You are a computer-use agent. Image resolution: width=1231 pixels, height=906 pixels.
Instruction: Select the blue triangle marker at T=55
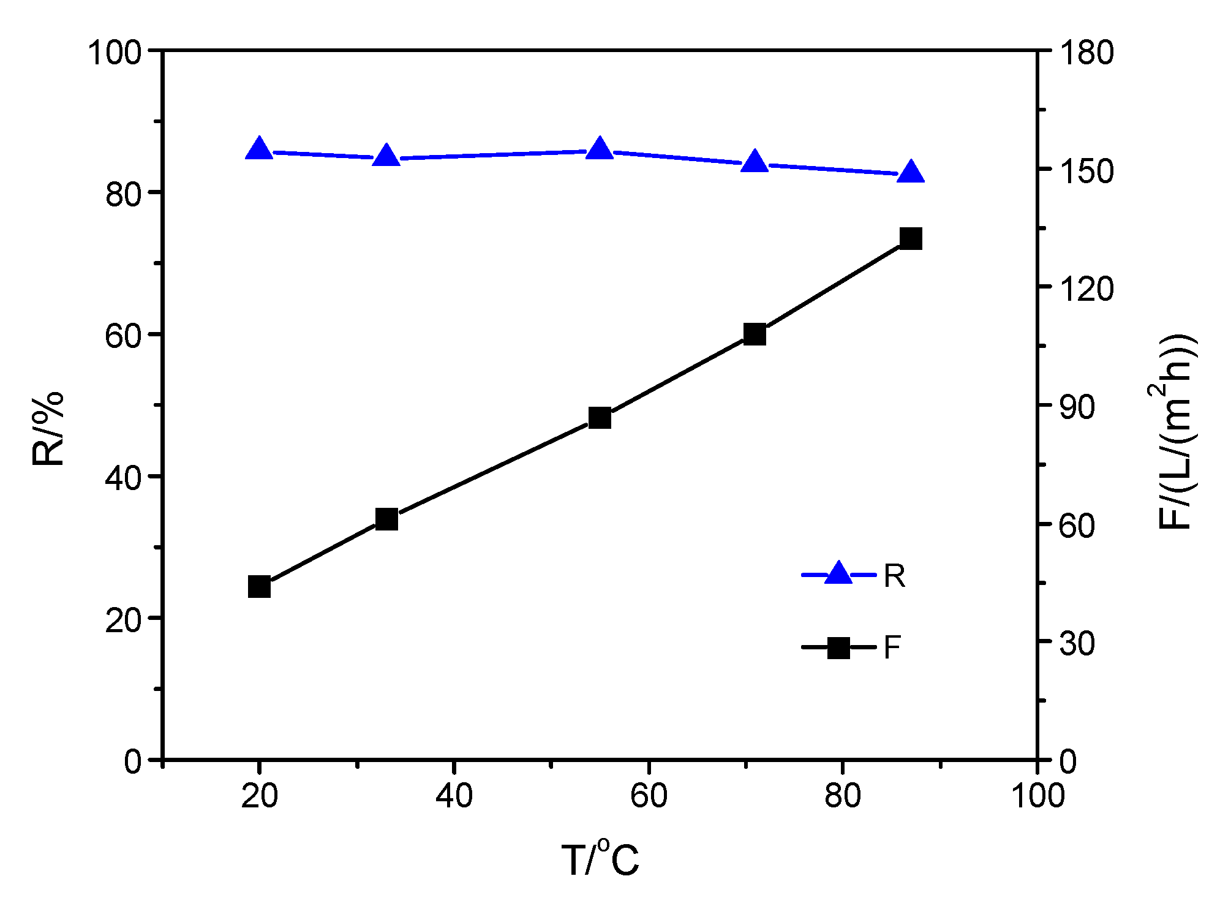click(x=600, y=149)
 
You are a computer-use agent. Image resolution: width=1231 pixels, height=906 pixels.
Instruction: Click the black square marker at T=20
click(x=260, y=586)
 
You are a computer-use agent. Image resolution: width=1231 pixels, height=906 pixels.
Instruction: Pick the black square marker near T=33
click(x=386, y=519)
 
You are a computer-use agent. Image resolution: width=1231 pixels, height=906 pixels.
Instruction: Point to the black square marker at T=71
click(x=755, y=334)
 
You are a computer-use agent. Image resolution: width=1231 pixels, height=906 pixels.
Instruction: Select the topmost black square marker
click(x=911, y=238)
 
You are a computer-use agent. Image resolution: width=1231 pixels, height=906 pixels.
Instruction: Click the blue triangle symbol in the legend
click(x=838, y=574)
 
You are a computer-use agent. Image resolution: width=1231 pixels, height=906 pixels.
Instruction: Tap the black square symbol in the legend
click(x=838, y=647)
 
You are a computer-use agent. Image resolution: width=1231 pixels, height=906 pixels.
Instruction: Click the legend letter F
click(x=892, y=647)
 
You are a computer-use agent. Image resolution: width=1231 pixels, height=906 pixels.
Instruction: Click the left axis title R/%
click(x=48, y=429)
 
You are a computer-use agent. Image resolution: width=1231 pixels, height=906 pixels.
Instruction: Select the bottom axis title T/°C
click(x=600, y=859)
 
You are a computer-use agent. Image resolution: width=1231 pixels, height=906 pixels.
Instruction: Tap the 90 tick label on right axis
click(x=1077, y=407)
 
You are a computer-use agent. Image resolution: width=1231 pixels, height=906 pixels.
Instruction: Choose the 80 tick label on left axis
click(x=124, y=194)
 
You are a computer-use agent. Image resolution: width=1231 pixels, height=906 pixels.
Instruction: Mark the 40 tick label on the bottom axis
click(x=454, y=796)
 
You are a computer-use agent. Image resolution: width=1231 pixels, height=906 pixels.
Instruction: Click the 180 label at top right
click(x=1086, y=53)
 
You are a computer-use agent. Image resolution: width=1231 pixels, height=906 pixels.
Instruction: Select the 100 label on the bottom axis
click(x=1037, y=796)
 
